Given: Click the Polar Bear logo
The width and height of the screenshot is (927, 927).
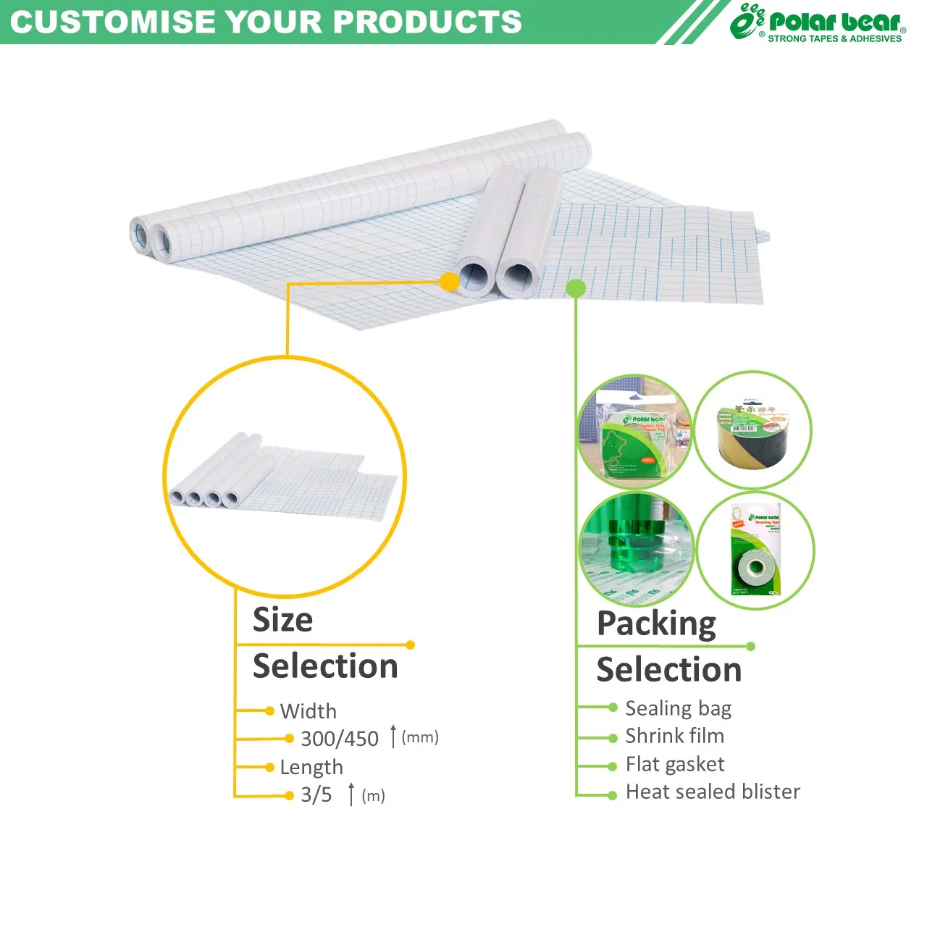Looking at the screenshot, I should (817, 24).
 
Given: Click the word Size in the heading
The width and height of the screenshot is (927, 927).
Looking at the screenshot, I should (282, 620).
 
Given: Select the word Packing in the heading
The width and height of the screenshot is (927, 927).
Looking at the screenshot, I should (656, 624).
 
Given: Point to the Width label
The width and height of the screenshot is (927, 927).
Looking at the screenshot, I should (308, 710).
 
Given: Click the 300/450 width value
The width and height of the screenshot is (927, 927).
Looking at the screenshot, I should (339, 738).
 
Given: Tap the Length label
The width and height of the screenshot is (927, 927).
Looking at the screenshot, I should (311, 766).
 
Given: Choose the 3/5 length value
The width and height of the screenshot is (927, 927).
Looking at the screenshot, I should (316, 794).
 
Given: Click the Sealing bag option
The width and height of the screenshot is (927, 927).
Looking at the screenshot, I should (678, 708).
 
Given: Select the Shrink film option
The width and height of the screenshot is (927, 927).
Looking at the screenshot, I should (674, 736).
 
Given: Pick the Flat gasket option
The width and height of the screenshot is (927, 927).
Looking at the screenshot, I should (674, 764).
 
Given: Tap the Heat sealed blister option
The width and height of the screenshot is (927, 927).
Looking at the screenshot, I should (713, 792).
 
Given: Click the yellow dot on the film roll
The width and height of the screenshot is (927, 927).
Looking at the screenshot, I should (449, 282).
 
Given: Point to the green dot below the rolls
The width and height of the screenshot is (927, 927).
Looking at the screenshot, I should (576, 288).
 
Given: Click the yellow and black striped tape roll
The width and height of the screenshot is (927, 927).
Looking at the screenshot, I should (753, 430).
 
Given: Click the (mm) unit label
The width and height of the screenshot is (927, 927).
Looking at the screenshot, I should (420, 737).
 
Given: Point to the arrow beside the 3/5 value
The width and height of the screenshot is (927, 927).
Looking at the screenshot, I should (351, 794).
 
